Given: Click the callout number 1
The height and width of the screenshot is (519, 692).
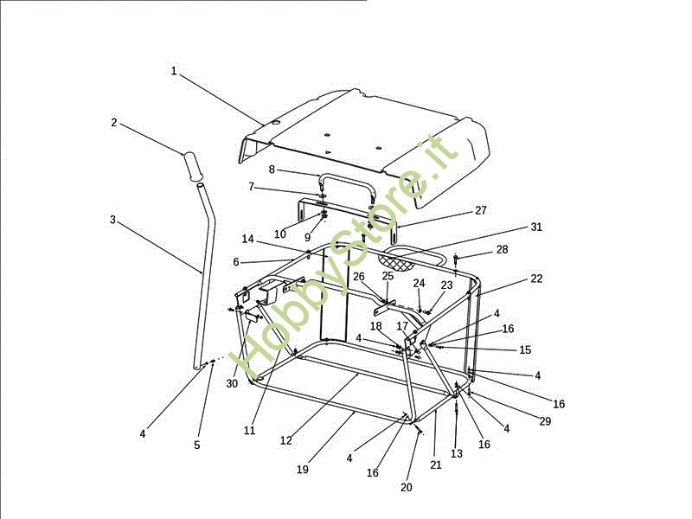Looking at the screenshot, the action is [x=174, y=71].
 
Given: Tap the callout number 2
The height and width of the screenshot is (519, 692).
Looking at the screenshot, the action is [x=114, y=123].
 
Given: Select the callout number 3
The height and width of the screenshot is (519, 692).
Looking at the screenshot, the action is [x=113, y=220].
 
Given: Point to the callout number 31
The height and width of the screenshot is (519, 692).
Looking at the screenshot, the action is [x=535, y=227].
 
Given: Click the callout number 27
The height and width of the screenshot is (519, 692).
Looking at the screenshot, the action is [x=481, y=210].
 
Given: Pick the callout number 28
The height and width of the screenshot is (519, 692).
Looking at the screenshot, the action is [x=503, y=250].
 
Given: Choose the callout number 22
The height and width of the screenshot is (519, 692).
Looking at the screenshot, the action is [x=536, y=279].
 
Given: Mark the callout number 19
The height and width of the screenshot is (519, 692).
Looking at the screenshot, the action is [x=302, y=470].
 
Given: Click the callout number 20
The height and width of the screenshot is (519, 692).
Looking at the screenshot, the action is [x=406, y=487].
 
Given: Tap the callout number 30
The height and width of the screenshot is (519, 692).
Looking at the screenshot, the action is [x=232, y=384].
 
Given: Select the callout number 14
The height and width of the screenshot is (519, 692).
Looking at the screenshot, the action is [x=248, y=239].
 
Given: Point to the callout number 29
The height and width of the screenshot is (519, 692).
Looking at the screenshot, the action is [x=546, y=421].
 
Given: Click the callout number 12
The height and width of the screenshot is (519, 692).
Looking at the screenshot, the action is [x=286, y=440].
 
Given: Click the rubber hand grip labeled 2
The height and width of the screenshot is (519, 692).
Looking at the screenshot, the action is [x=192, y=166].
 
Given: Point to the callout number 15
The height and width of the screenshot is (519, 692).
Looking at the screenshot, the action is [x=525, y=350].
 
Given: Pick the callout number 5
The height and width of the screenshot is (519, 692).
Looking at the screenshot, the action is [x=197, y=445].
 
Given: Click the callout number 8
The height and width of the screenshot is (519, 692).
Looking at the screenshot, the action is [x=272, y=170].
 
